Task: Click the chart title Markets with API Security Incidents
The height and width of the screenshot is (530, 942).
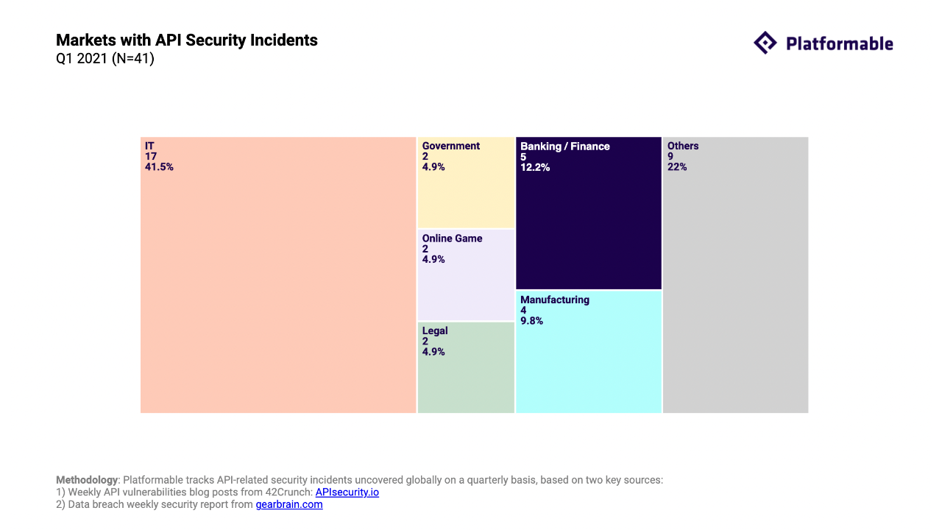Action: [186, 40]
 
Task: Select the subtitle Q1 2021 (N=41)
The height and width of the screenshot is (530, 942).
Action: [105, 59]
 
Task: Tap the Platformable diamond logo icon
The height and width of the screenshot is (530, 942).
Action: [765, 43]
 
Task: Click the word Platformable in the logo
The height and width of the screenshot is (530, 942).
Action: [839, 44]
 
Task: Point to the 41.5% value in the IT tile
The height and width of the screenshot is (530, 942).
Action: [159, 167]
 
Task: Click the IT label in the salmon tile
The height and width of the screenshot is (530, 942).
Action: [149, 146]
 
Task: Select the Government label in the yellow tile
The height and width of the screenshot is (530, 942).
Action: [450, 146]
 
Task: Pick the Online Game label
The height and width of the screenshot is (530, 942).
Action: [452, 239]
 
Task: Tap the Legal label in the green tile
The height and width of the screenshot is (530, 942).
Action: [435, 331]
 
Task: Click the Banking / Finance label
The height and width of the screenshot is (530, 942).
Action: [564, 146]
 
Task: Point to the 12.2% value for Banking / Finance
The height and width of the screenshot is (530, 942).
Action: [535, 167]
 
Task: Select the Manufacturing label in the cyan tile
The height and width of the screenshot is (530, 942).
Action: [554, 300]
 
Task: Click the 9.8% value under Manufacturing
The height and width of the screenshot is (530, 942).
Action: [531, 321]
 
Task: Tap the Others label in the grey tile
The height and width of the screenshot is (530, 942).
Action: [683, 146]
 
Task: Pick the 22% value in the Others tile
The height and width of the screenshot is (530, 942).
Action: [677, 167]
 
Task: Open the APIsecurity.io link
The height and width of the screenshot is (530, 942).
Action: [347, 492]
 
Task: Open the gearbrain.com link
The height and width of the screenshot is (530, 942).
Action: [288, 504]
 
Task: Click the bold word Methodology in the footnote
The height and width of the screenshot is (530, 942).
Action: [87, 480]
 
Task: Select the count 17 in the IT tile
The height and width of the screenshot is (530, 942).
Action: [151, 157]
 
